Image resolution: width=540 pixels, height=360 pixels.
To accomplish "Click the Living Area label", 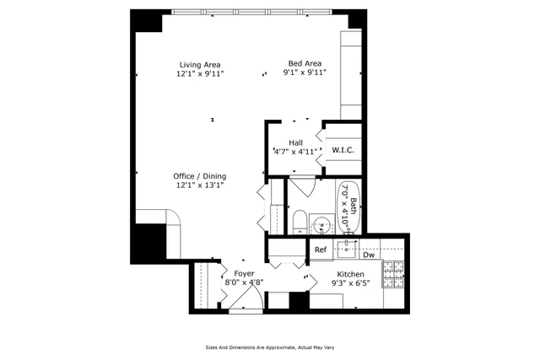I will pyautogui.click(x=200, y=64).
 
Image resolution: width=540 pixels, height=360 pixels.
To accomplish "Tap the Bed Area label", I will pyautogui.click(x=305, y=62).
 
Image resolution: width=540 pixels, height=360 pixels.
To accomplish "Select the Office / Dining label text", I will pyautogui.click(x=200, y=175).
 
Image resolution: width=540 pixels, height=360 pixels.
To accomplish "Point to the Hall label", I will pyautogui.click(x=295, y=142).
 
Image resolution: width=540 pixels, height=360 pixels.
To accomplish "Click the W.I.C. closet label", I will pyautogui.click(x=342, y=150).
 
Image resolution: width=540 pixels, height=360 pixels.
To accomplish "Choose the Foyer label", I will pyautogui.click(x=244, y=273).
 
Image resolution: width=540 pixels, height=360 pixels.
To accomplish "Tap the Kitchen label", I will pyautogui.click(x=350, y=275).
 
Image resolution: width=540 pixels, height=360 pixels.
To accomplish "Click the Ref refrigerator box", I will pyautogui.click(x=321, y=250).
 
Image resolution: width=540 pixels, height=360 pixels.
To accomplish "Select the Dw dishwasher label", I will pyautogui.click(x=369, y=255).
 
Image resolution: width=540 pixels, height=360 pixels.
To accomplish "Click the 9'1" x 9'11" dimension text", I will pyautogui.click(x=305, y=73).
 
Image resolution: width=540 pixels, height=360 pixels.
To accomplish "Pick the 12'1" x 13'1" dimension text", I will pyautogui.click(x=200, y=185).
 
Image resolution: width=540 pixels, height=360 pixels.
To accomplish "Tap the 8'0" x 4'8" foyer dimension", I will pyautogui.click(x=244, y=283).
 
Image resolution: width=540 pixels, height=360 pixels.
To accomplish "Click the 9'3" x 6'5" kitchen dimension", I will pyautogui.click(x=350, y=285).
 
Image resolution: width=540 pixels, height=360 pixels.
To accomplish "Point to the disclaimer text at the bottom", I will pyautogui.click(x=269, y=347).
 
